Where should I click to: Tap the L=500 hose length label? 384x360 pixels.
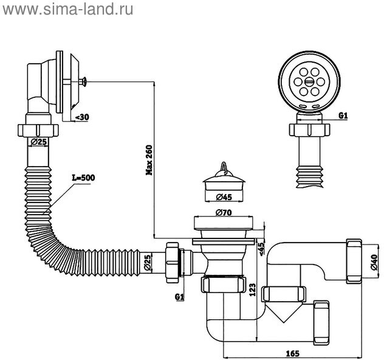coord(84,178)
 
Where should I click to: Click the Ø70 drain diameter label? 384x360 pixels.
coord(223,213)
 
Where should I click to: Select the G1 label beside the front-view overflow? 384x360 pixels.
coord(343,116)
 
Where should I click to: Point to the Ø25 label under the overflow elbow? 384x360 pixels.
coord(39,142)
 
